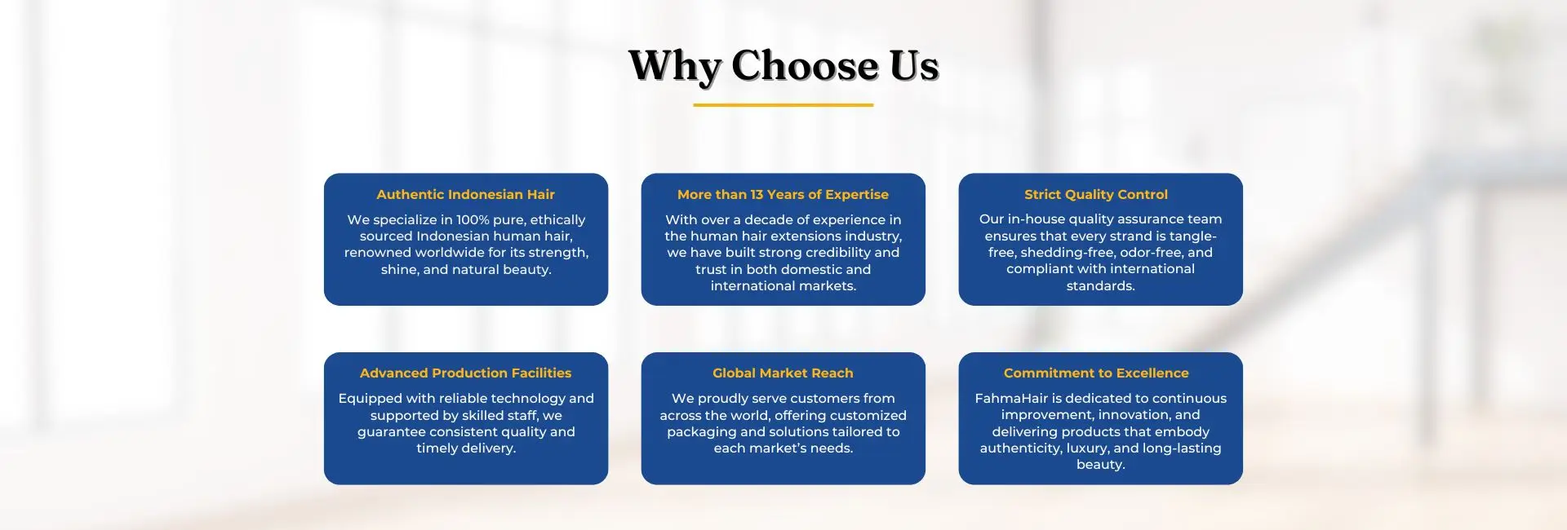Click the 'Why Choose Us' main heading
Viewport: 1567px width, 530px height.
coord(783,66)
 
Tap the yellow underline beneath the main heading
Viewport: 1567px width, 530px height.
coord(783,105)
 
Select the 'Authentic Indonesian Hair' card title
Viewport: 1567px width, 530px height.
coord(465,194)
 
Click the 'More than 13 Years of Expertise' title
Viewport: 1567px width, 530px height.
coord(783,194)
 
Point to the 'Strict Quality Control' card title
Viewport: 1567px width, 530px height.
coord(1096,194)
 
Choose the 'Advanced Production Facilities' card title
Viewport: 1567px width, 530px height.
coord(465,373)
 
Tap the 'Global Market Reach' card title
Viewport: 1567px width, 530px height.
coord(783,373)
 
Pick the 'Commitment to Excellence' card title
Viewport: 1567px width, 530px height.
coord(1096,373)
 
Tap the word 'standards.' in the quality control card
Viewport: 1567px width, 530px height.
coord(1100,285)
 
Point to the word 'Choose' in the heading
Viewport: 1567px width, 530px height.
coord(805,65)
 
